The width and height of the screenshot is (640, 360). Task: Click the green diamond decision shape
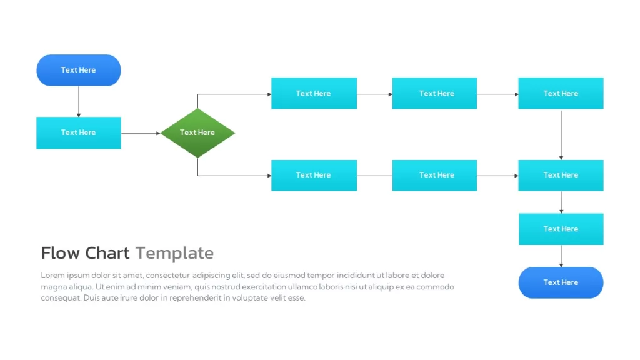197,133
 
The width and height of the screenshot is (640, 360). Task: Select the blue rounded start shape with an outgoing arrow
79,70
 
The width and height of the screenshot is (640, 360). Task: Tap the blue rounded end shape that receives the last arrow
561,282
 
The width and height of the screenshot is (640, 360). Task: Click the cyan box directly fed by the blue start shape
79,133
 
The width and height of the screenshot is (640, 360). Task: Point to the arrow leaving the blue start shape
79,102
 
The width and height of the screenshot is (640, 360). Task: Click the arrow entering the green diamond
141,133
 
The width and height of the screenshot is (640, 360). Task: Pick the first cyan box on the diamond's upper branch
314,93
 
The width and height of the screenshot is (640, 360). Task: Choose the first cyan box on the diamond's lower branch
314,176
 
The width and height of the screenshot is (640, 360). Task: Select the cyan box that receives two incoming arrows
561,176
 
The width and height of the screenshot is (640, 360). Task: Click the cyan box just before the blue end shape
561,229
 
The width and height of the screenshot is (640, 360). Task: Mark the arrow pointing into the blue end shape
561,256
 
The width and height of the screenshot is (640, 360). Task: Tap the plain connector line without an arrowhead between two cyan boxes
375,176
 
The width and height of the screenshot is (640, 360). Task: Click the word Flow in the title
61,253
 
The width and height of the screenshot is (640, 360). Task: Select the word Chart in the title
107,253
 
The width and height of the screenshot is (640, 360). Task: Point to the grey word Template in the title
175,254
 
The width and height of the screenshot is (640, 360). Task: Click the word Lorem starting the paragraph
52,276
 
